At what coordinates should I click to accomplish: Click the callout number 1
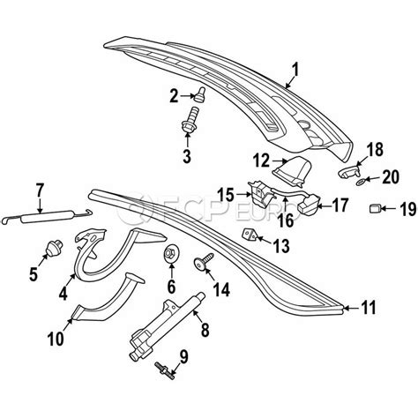[295, 67]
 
